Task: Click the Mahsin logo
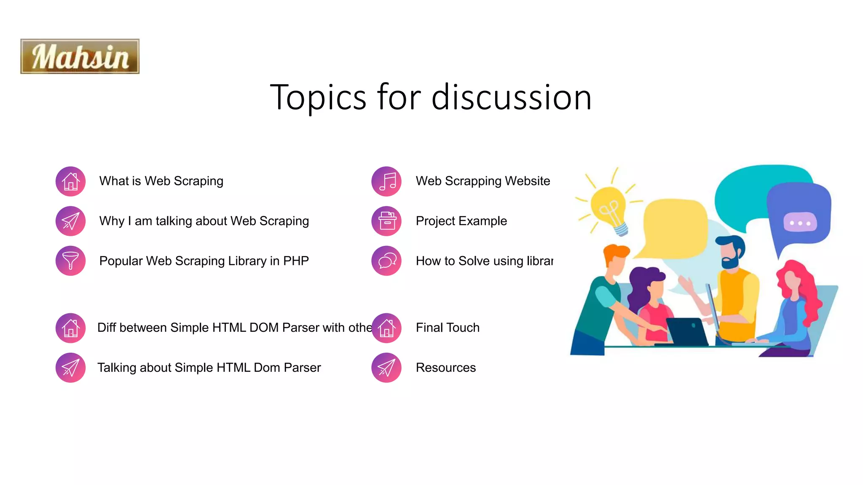pyautogui.click(x=80, y=56)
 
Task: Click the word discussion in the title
pyautogui.click(x=512, y=97)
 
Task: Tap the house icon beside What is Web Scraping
pyautogui.click(x=71, y=181)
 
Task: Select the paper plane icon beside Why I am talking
pyautogui.click(x=71, y=221)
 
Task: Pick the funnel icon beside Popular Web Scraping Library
pyautogui.click(x=71, y=261)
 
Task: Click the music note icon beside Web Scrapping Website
pyautogui.click(x=386, y=181)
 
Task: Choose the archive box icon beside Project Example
pyautogui.click(x=386, y=221)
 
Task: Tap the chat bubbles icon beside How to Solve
pyautogui.click(x=386, y=261)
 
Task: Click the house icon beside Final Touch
pyautogui.click(x=386, y=328)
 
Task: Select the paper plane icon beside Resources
pyautogui.click(x=386, y=368)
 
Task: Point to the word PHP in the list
pyautogui.click(x=296, y=261)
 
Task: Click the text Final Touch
pyautogui.click(x=448, y=328)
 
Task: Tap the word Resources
pyautogui.click(x=446, y=368)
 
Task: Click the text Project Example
pyautogui.click(x=461, y=221)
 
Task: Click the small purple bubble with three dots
pyautogui.click(x=800, y=222)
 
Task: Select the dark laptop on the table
pyautogui.click(x=687, y=332)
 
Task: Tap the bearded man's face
pyautogui.click(x=729, y=255)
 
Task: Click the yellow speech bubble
pyautogui.click(x=674, y=227)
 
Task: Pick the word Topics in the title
pyautogui.click(x=318, y=97)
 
